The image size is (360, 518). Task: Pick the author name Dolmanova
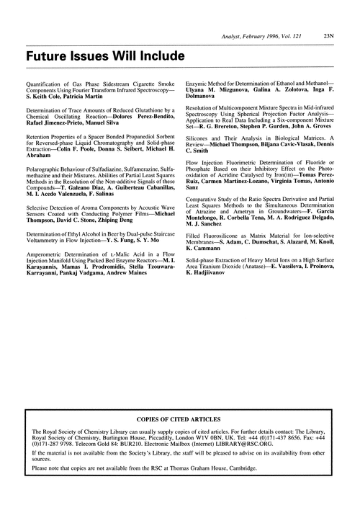tap(204, 94)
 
